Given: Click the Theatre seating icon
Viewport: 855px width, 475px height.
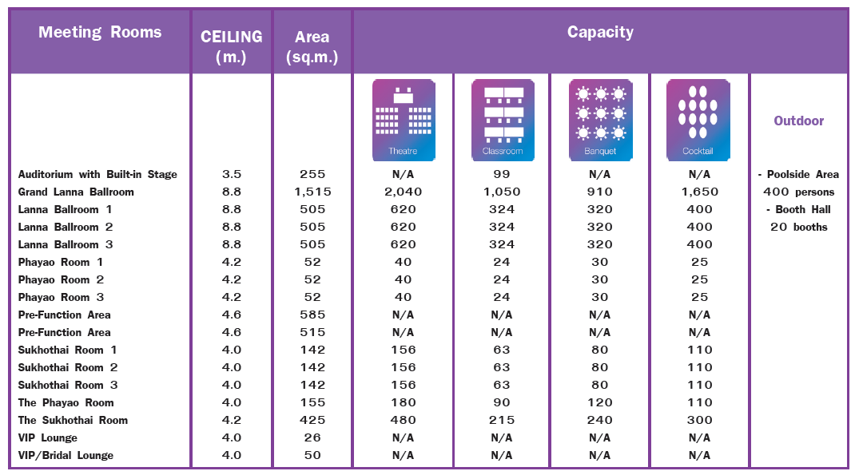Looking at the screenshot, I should point(404,119).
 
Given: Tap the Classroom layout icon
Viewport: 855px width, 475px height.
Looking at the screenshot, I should point(503,119).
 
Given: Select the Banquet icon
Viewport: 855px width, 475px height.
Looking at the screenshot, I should point(600,119).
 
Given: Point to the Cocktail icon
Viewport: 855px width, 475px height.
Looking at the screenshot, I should point(698,119).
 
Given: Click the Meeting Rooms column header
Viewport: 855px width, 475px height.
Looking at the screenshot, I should point(100,33).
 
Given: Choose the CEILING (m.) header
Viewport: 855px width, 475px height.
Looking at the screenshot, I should point(232,46).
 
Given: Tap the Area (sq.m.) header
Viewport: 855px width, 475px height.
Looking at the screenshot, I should point(312,46).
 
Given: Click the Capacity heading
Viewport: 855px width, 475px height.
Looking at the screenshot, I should point(600,33).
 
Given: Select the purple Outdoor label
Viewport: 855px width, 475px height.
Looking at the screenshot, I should point(798,121).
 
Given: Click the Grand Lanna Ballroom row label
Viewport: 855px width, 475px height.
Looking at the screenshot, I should point(76,192).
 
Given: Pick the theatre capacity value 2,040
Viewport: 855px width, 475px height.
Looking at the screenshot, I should point(404,192).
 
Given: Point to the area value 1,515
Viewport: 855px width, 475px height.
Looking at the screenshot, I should point(312,192).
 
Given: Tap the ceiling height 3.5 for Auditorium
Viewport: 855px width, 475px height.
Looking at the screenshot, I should point(232,174).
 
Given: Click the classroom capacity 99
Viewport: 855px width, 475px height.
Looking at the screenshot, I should point(502,174).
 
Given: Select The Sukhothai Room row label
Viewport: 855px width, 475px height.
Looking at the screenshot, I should point(73,420).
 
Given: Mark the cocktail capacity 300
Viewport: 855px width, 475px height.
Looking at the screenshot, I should point(699,420).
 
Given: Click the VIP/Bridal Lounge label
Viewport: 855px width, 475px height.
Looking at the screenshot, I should point(66,455).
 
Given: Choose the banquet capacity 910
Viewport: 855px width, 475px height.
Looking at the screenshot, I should point(600,192).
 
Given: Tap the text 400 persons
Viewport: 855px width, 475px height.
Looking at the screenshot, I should point(798,192).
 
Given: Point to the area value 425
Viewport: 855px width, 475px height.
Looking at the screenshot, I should point(312,420).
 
